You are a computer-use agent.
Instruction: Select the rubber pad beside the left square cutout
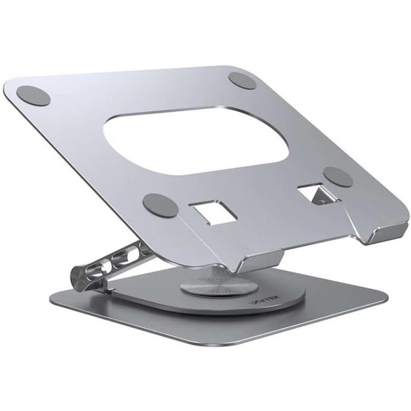click(x=158, y=204)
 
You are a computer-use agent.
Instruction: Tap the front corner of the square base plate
click(x=205, y=368)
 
